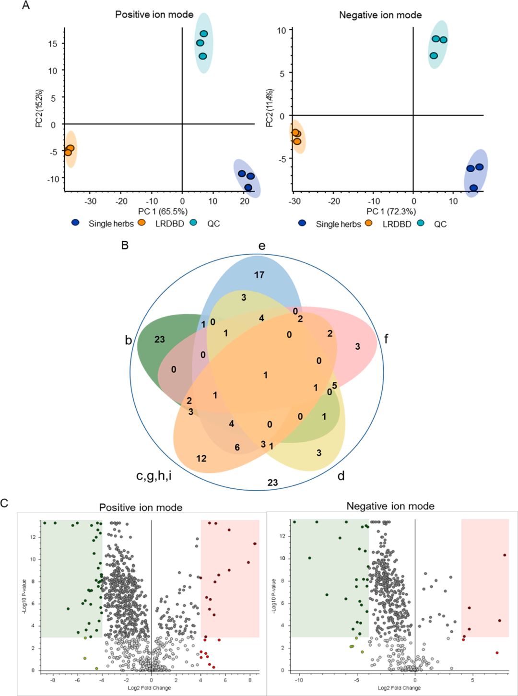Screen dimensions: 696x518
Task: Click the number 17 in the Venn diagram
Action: (259, 275)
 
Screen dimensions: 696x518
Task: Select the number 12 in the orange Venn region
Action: (201, 459)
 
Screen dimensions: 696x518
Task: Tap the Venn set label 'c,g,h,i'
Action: (154, 476)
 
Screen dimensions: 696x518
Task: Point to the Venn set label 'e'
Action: (262, 246)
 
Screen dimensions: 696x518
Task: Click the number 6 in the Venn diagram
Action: (237, 447)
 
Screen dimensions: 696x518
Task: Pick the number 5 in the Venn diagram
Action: (334, 386)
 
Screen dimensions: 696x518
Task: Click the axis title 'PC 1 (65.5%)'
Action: (163, 212)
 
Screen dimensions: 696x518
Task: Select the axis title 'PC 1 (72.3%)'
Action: (391, 212)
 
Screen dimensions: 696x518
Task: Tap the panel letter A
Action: (26, 6)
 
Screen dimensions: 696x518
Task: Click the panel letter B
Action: (125, 245)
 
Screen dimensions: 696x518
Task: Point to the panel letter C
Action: (4, 503)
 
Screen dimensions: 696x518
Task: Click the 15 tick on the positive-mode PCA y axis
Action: (52, 44)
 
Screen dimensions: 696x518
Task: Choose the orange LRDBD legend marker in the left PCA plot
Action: (141, 223)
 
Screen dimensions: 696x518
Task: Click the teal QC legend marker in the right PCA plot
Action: (421, 223)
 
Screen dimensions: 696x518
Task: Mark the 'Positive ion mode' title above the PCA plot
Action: (154, 14)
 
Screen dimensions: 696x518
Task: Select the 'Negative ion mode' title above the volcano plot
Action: (390, 506)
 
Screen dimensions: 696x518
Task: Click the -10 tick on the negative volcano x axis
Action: (299, 680)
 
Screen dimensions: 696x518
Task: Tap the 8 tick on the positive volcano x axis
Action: (250, 680)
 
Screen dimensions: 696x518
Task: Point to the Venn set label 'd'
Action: (341, 476)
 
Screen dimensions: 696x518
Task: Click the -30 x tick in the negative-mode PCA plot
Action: (294, 201)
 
